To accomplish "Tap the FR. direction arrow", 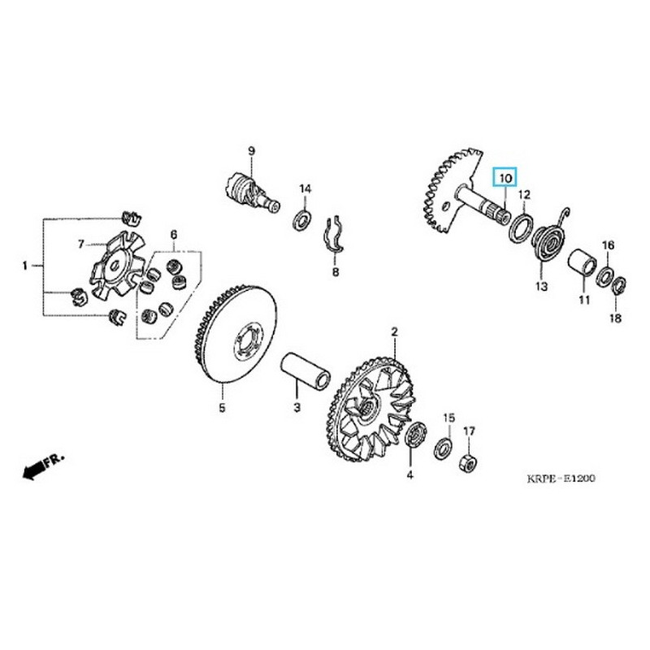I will (42, 467).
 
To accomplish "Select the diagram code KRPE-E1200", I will (557, 479).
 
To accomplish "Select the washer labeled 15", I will (444, 448).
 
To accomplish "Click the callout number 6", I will (173, 235).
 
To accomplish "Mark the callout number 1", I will (25, 265).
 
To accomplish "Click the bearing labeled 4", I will (415, 436).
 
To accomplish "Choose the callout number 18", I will (615, 318).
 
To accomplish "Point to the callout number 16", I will (607, 245).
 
